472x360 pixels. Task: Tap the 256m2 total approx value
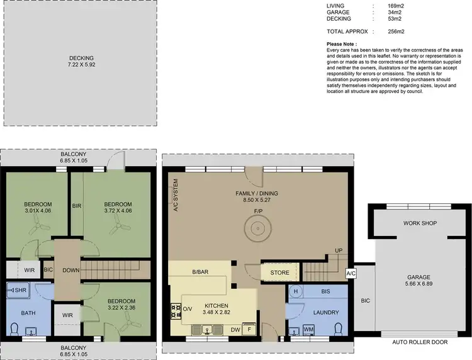(x=396, y=31)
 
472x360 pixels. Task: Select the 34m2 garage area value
(x=395, y=12)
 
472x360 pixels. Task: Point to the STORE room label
(x=280, y=273)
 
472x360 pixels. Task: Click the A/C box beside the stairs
(x=351, y=274)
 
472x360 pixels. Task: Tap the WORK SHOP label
(x=420, y=223)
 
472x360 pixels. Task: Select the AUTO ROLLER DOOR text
(x=419, y=342)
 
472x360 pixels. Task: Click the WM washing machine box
(x=309, y=329)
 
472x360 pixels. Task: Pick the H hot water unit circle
(x=295, y=292)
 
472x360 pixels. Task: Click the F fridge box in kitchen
(x=250, y=329)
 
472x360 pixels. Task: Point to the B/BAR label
(x=201, y=273)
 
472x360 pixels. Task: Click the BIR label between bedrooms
(x=76, y=206)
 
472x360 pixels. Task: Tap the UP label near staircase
(x=339, y=250)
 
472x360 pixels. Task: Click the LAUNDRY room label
(x=327, y=312)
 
